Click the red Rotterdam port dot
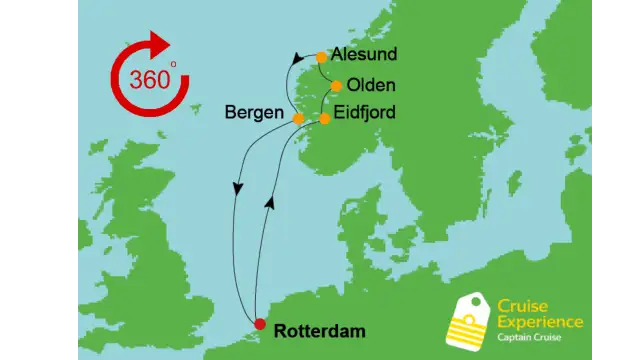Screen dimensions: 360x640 (x=260, y=324)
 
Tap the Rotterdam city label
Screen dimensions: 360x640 (x=319, y=330)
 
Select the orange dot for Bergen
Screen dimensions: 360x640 (x=299, y=118)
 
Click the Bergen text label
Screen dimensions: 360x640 (x=254, y=112)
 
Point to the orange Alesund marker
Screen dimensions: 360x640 (x=321, y=57)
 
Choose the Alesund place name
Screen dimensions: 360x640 (x=364, y=54)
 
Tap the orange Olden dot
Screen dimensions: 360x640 (x=337, y=86)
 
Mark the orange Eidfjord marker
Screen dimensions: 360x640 (x=324, y=119)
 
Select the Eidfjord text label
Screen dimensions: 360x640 (x=364, y=112)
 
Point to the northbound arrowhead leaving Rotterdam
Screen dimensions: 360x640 (x=269, y=203)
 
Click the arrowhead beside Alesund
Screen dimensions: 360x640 (x=297, y=59)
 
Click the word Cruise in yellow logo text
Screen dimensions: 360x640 (x=521, y=307)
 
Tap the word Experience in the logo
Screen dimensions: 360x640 (x=541, y=322)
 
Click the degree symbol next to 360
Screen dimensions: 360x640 (x=172, y=64)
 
